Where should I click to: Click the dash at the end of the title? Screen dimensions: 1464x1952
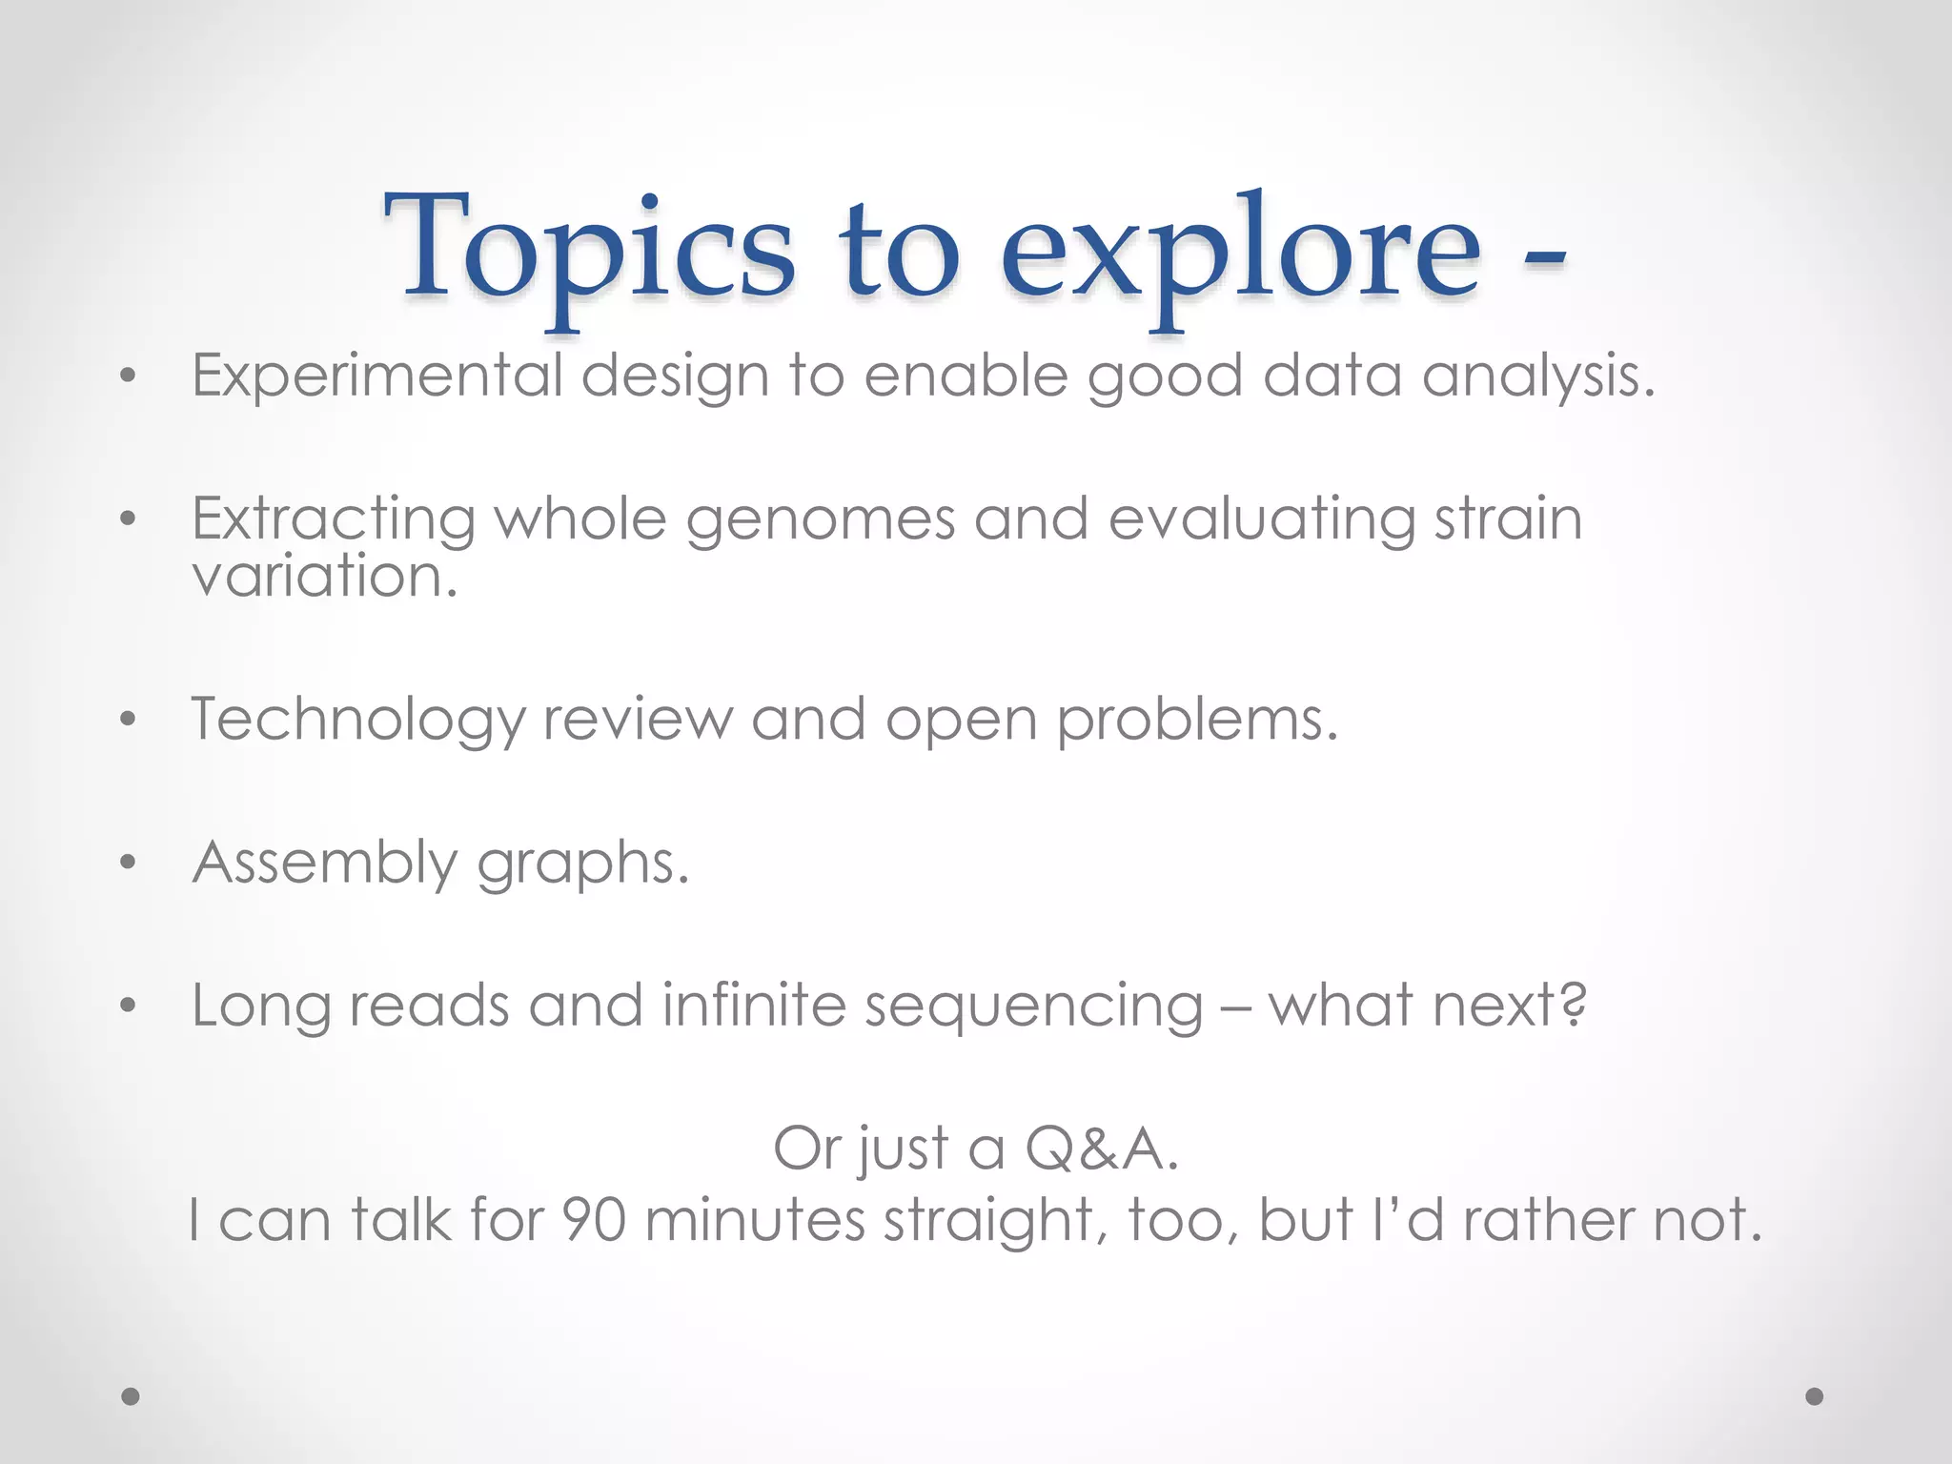1543,260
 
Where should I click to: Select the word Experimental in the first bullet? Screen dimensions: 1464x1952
377,376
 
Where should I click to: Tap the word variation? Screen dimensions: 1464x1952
323,577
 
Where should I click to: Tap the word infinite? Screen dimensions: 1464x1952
754,1006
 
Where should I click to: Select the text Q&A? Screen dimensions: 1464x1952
1101,1149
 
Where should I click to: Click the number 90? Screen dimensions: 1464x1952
594,1220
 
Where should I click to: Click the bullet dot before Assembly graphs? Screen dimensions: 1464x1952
129,864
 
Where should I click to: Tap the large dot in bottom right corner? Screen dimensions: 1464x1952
1815,1396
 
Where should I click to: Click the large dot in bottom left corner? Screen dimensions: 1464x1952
131,1396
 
